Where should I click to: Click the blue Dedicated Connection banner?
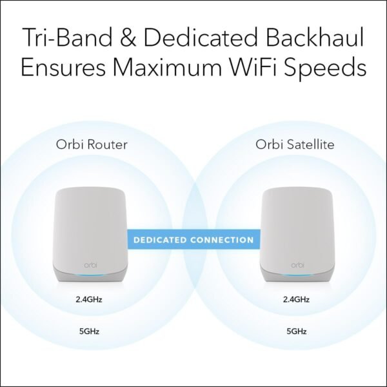tap(193, 240)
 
